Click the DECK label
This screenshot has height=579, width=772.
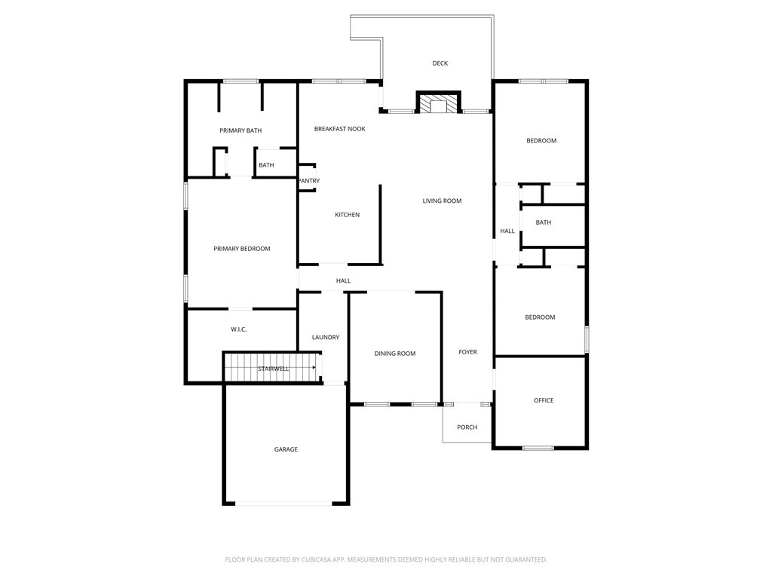click(x=440, y=63)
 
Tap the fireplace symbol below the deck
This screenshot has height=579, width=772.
click(x=439, y=103)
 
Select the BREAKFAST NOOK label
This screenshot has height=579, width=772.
click(x=339, y=129)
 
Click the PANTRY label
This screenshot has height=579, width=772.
click(x=309, y=181)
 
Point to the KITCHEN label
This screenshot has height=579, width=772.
click(x=347, y=215)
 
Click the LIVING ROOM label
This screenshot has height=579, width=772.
click(x=442, y=201)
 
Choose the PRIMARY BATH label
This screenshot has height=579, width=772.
click(x=240, y=130)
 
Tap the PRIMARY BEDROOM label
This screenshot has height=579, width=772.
click(x=241, y=249)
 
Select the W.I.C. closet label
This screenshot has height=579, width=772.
click(x=238, y=329)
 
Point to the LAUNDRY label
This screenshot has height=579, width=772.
click(x=325, y=337)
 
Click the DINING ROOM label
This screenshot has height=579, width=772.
click(x=395, y=354)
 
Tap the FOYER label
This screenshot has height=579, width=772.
click(x=467, y=352)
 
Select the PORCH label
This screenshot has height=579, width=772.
click(x=467, y=427)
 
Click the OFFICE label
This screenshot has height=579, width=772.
click(x=544, y=400)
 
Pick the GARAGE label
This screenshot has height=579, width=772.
click(x=286, y=449)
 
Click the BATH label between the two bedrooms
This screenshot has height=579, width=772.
click(x=544, y=222)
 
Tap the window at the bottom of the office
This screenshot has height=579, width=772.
click(x=538, y=449)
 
